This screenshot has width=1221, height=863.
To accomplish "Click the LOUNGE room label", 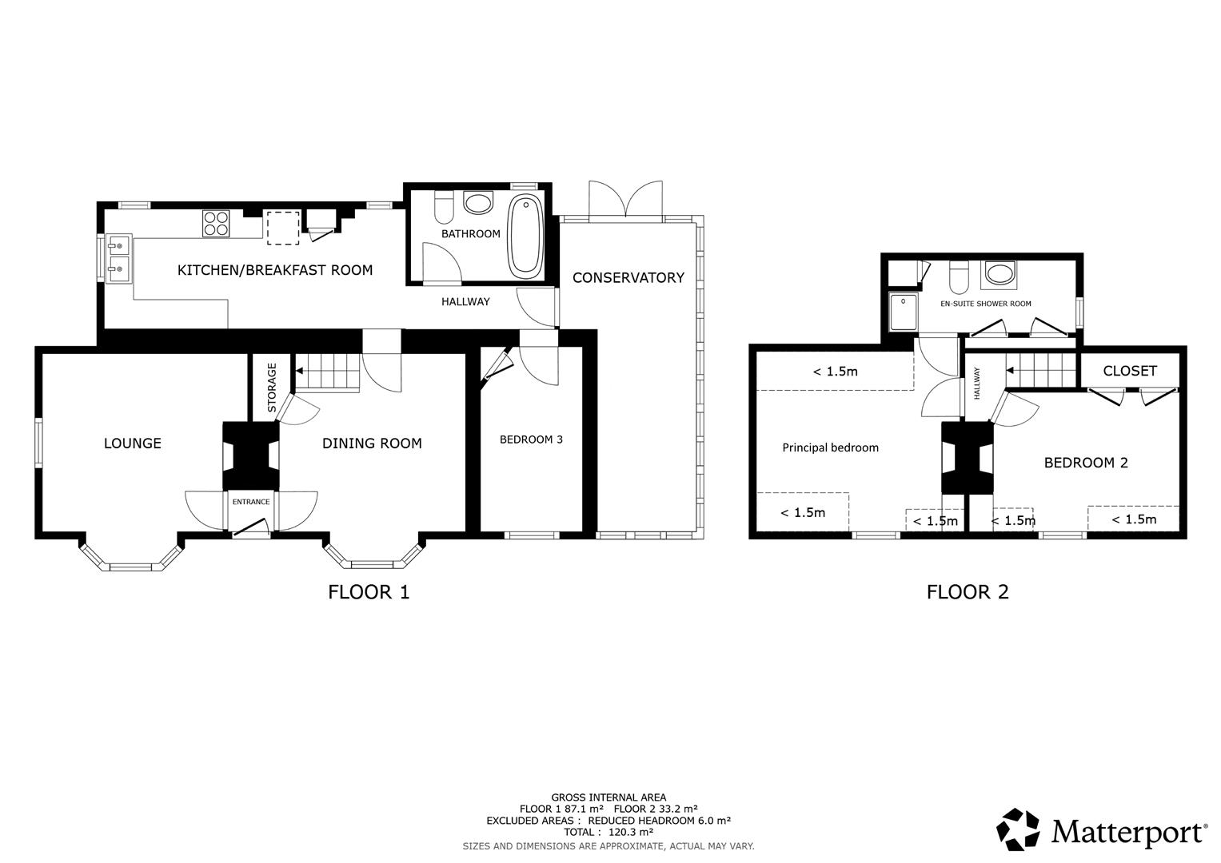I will pyautogui.click(x=133, y=443).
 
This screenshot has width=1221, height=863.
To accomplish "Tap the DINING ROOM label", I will pyautogui.click(x=372, y=443).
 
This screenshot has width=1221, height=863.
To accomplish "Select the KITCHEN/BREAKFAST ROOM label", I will pyautogui.click(x=275, y=270).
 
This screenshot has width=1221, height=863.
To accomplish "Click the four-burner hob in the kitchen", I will pyautogui.click(x=216, y=223).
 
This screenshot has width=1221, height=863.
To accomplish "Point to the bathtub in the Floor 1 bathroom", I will pyautogui.click(x=525, y=235).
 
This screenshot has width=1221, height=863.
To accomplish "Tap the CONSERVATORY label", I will pyautogui.click(x=628, y=278).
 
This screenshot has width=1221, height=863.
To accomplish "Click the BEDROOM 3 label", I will pyautogui.click(x=531, y=439).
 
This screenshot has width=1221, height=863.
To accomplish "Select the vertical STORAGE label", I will pyautogui.click(x=272, y=388).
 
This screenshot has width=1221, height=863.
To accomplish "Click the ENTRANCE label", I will pyautogui.click(x=251, y=502).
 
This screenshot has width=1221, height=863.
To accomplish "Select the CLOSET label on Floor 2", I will pyautogui.click(x=1129, y=371).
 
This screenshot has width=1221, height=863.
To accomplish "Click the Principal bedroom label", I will pyautogui.click(x=830, y=447).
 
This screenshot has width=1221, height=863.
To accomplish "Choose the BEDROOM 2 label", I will pyautogui.click(x=1086, y=463).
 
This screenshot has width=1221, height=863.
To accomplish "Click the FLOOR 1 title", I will pyautogui.click(x=369, y=592).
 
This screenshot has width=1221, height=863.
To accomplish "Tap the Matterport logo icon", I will pyautogui.click(x=1019, y=829).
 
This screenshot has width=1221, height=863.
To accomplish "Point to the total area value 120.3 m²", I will pyautogui.click(x=631, y=832).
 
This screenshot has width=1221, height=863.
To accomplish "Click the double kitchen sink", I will pyautogui.click(x=118, y=258).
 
